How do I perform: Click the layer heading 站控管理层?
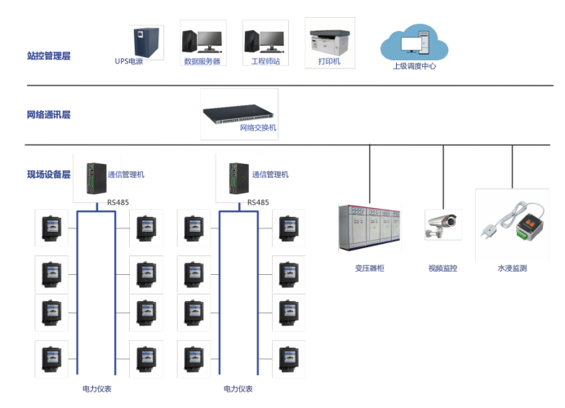click(49, 56)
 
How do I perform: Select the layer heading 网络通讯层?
click(49, 115)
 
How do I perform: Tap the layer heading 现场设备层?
click(49, 175)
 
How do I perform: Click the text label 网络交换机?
click(258, 128)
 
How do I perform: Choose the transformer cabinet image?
click(369, 227)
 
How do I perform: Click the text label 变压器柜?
click(370, 268)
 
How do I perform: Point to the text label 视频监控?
click(443, 268)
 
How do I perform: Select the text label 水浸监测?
click(512, 268)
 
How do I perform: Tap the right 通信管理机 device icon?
click(237, 176)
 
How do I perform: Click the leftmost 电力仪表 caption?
click(97, 389)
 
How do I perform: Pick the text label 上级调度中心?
click(414, 66)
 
